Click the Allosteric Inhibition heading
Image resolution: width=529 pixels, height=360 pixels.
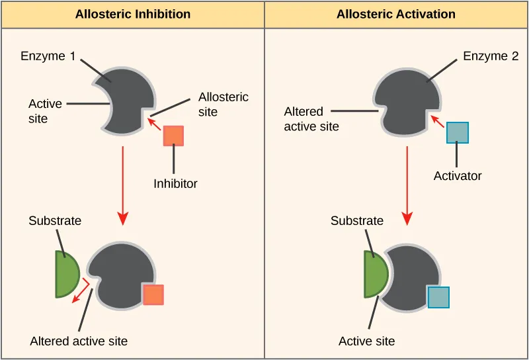click(x=132, y=14)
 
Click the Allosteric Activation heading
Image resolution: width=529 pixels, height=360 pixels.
click(x=395, y=14)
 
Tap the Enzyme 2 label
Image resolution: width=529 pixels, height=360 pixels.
click(x=491, y=56)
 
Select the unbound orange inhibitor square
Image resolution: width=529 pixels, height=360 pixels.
click(x=173, y=135)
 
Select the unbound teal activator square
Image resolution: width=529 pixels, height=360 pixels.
click(x=457, y=132)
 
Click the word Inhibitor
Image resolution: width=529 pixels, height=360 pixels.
click(x=175, y=183)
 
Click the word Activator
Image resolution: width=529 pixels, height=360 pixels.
click(x=458, y=176)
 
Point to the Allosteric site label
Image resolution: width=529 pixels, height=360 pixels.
click(x=224, y=105)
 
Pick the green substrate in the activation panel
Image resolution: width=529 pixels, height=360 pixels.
click(x=375, y=274)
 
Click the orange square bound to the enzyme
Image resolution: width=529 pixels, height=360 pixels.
click(x=153, y=294)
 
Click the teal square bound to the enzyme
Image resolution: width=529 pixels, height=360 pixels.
click(x=438, y=297)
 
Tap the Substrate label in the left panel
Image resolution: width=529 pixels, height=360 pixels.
click(x=55, y=221)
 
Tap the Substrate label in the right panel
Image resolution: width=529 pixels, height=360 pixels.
click(x=357, y=221)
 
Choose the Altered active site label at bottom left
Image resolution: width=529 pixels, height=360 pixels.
click(x=79, y=341)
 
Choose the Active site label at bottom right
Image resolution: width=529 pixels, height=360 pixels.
click(x=366, y=341)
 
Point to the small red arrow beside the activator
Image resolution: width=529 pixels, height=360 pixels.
click(x=436, y=120)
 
